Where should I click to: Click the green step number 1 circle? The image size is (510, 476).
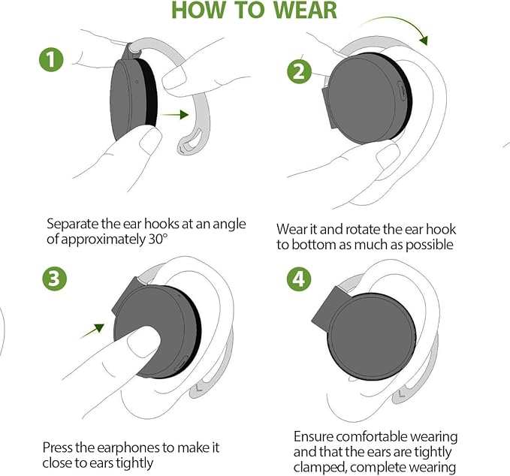tap(51, 60)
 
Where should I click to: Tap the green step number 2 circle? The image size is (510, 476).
tap(299, 71)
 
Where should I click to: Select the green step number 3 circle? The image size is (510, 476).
tap(54, 279)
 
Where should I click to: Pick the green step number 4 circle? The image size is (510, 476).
tap(299, 279)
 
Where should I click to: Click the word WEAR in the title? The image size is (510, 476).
tap(305, 10)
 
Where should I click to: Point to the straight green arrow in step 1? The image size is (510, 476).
tap(174, 115)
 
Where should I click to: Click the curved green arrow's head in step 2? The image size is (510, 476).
tap(424, 40)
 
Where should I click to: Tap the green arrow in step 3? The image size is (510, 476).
tap(92, 331)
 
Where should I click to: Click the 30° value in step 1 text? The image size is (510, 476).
tap(158, 239)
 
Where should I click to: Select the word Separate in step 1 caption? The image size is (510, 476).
tap(73, 224)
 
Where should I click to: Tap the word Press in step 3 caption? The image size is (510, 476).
tap(58, 447)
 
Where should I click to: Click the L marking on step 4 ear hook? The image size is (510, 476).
tap(401, 394)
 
